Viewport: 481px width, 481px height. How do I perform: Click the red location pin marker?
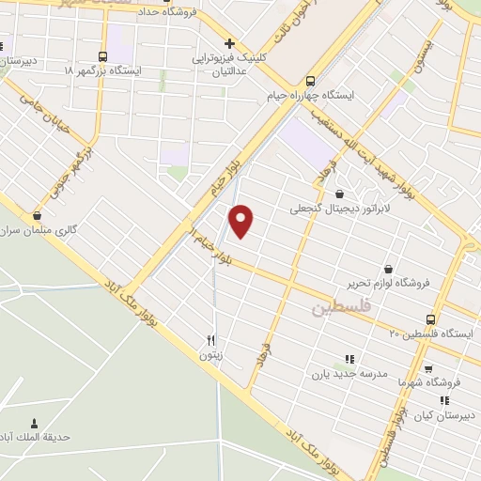tap(242, 220)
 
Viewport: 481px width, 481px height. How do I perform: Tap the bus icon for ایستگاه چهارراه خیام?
tap(312, 81)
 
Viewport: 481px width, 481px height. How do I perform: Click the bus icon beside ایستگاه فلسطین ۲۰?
tap(430, 319)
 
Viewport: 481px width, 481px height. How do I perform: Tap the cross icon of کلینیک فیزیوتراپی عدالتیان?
tap(230, 42)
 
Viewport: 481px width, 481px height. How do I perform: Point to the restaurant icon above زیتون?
tap(211, 340)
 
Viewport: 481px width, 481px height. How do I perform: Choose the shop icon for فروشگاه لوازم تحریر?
tap(388, 282)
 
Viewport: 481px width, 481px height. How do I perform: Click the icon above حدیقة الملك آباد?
tap(36, 423)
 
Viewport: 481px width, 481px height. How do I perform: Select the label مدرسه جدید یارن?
tap(349, 374)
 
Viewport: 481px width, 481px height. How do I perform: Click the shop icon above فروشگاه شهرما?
tap(428, 369)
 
